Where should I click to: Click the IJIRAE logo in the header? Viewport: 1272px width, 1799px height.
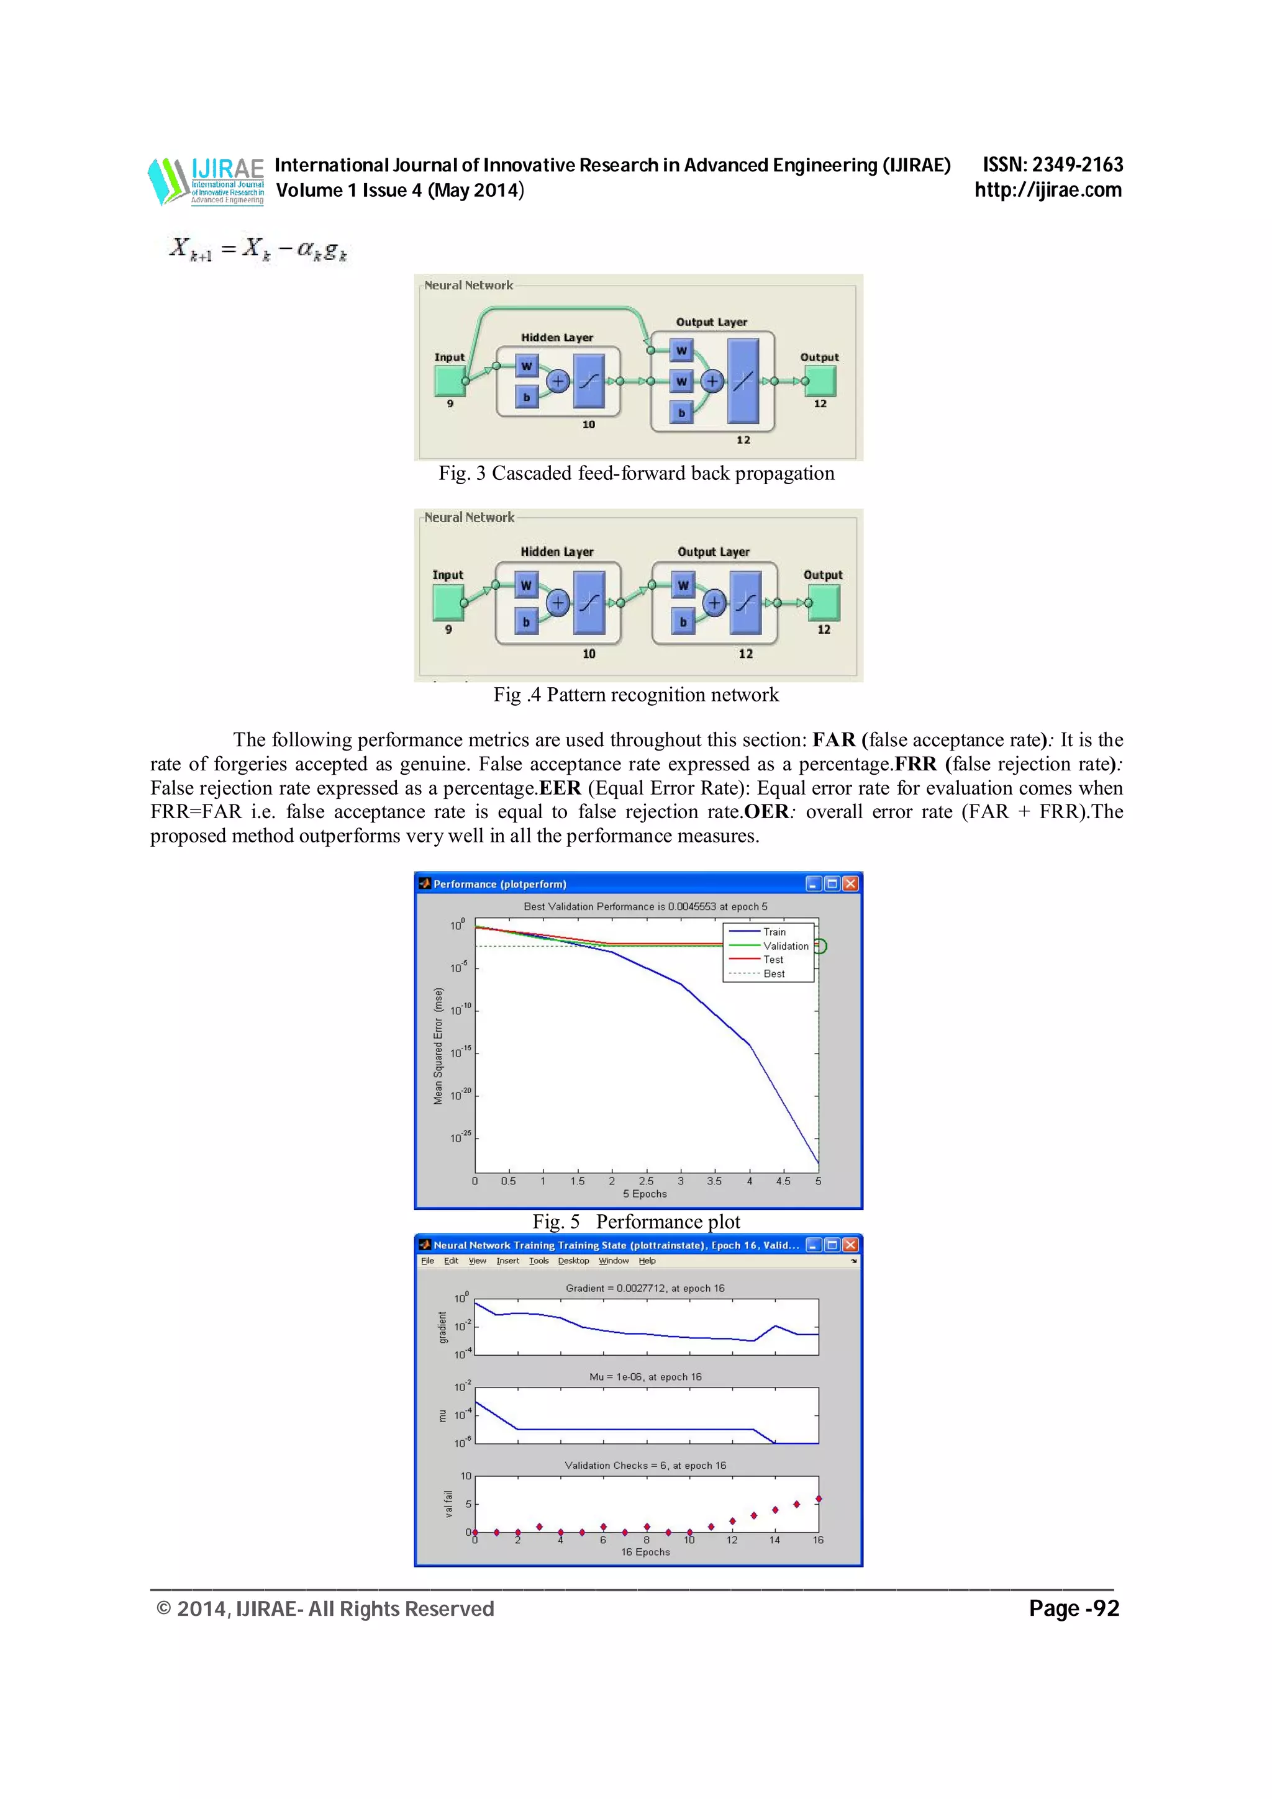pos(207,181)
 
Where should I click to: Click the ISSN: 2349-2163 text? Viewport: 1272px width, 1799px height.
pos(1053,165)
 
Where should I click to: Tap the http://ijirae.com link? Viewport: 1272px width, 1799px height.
pos(1048,189)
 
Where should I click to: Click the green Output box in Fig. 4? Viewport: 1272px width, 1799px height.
pos(824,603)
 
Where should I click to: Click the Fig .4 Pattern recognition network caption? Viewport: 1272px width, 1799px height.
pos(635,695)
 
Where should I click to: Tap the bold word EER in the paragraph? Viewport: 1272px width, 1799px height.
pos(560,788)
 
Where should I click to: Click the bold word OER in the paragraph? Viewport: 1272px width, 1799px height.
pos(766,812)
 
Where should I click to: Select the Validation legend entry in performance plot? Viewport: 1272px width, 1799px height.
pos(785,945)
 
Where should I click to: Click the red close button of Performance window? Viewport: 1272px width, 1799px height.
pos(850,884)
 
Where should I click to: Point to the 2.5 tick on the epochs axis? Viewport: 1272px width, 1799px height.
pos(646,1181)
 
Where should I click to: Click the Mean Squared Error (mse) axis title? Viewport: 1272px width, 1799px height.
pos(438,1045)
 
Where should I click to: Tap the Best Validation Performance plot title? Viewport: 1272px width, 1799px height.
pos(645,906)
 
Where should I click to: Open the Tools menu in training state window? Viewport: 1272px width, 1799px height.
pos(538,1261)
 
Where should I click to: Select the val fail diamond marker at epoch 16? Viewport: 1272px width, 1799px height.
pos(818,1499)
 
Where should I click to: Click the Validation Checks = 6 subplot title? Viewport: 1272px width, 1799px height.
pos(645,1465)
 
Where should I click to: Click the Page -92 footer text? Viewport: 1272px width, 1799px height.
pos(1074,1608)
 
